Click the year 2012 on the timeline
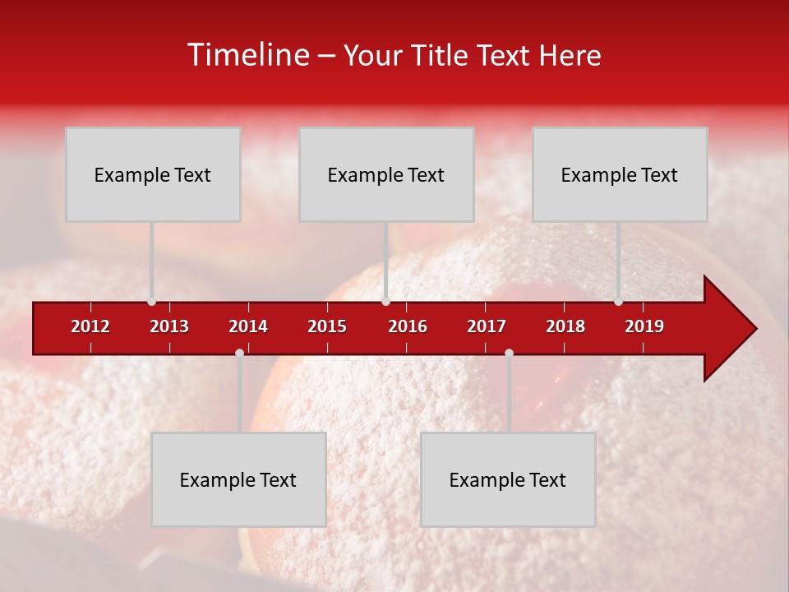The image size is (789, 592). tap(90, 326)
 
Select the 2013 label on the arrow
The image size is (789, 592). tap(169, 326)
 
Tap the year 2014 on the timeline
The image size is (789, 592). tap(248, 326)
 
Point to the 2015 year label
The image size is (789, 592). tap(327, 326)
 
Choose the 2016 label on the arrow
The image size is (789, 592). tap(408, 326)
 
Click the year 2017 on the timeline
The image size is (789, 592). tap(487, 326)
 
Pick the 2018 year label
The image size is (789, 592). tap(565, 326)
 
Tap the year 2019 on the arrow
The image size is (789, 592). tap(644, 326)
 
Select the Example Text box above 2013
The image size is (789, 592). tap(153, 174)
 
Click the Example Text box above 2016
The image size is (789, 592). tap(386, 174)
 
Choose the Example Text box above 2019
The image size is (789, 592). tap(620, 174)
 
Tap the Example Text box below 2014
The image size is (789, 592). tap(238, 479)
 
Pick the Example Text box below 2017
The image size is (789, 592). tap(508, 479)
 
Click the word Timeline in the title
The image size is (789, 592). tap(249, 55)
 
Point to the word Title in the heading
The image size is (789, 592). tap(442, 55)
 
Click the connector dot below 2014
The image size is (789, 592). tap(239, 353)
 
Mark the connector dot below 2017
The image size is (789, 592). tap(509, 353)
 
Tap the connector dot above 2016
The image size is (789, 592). tap(386, 301)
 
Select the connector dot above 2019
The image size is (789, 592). tap(619, 301)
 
